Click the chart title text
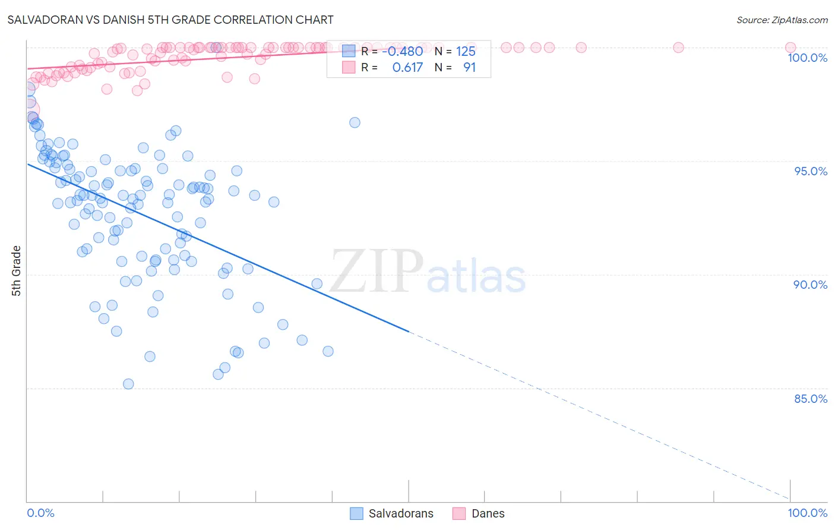click(170, 20)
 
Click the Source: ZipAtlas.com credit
click(782, 20)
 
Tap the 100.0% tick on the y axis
click(807, 58)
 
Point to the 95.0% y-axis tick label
click(811, 171)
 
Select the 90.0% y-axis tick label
click(811, 285)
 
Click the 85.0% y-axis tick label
click(811, 399)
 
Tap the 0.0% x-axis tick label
click(40, 513)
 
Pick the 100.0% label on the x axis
click(807, 513)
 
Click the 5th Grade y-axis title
click(17, 271)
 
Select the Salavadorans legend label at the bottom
click(401, 514)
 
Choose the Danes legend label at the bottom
click(488, 514)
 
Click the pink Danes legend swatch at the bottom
click(459, 514)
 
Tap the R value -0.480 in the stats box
click(402, 52)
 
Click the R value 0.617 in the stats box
click(407, 68)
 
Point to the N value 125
click(466, 52)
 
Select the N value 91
click(469, 68)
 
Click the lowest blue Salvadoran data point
click(128, 384)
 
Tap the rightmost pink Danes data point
click(790, 48)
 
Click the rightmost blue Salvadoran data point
click(355, 122)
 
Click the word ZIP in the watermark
click(377, 272)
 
